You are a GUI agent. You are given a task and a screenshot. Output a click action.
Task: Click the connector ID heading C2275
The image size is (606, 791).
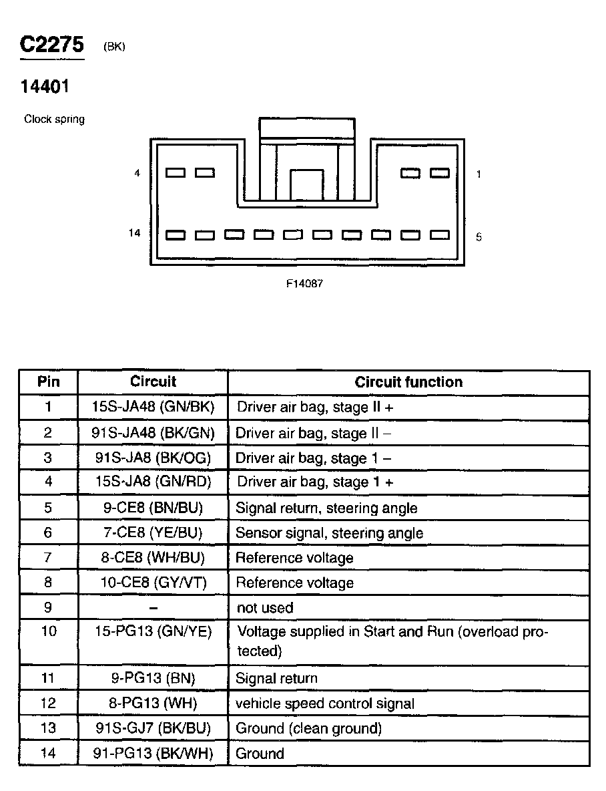click(x=52, y=45)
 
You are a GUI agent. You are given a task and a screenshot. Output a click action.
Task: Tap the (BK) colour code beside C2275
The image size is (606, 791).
click(x=115, y=47)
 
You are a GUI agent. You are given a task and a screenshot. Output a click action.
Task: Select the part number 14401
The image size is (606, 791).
click(x=45, y=86)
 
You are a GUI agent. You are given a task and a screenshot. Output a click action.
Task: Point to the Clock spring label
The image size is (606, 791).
click(x=54, y=120)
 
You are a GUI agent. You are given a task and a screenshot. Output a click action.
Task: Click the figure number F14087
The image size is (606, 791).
click(x=305, y=283)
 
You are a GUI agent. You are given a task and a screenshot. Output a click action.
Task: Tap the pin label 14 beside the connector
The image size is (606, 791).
click(x=135, y=233)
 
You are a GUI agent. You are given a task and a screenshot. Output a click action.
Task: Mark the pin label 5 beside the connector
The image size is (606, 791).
click(x=479, y=237)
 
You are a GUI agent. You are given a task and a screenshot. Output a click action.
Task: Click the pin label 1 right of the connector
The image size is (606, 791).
click(x=479, y=174)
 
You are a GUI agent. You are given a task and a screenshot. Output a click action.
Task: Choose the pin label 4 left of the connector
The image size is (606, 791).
click(x=137, y=173)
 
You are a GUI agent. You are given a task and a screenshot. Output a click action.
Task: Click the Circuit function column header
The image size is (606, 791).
click(x=408, y=382)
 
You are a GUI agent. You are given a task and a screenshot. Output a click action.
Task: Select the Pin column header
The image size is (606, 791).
click(x=48, y=382)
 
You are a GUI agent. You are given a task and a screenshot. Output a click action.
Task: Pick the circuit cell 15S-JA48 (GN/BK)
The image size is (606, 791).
click(x=153, y=407)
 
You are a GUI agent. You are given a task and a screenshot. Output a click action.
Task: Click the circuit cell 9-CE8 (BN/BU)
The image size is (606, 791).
click(x=153, y=508)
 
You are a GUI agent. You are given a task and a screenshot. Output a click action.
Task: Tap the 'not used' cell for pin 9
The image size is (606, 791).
click(x=265, y=608)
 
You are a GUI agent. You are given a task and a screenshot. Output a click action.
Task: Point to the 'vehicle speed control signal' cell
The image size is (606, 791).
click(x=325, y=703)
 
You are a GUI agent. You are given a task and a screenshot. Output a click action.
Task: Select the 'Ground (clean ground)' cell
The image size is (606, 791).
click(x=309, y=728)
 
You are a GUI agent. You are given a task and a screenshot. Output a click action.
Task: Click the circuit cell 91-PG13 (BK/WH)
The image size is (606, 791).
click(x=153, y=754)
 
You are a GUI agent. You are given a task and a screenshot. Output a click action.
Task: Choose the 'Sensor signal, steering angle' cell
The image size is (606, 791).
click(x=330, y=533)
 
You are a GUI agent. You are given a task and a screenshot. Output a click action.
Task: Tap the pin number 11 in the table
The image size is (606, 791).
click(x=48, y=678)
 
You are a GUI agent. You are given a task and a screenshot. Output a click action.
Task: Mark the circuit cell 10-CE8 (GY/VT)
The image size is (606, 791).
click(x=153, y=583)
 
